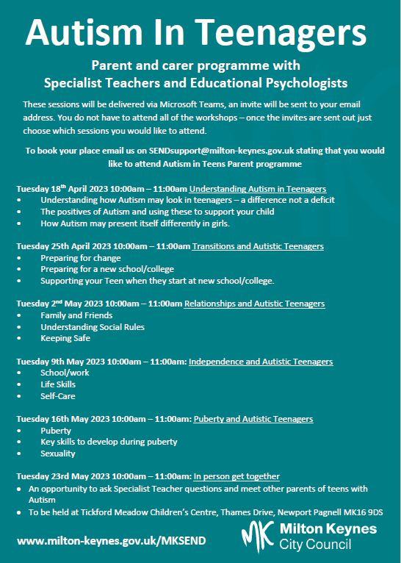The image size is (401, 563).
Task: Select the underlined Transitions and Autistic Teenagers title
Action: click(x=258, y=246)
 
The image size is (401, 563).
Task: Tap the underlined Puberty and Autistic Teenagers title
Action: click(x=253, y=419)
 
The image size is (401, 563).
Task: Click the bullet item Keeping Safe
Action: click(x=65, y=338)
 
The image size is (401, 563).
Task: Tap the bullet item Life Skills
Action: click(x=58, y=384)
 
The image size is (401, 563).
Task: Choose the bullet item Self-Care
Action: click(x=58, y=395)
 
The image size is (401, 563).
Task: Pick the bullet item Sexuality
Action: click(x=59, y=453)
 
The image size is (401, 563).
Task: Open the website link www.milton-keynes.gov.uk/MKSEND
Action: click(x=111, y=540)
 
